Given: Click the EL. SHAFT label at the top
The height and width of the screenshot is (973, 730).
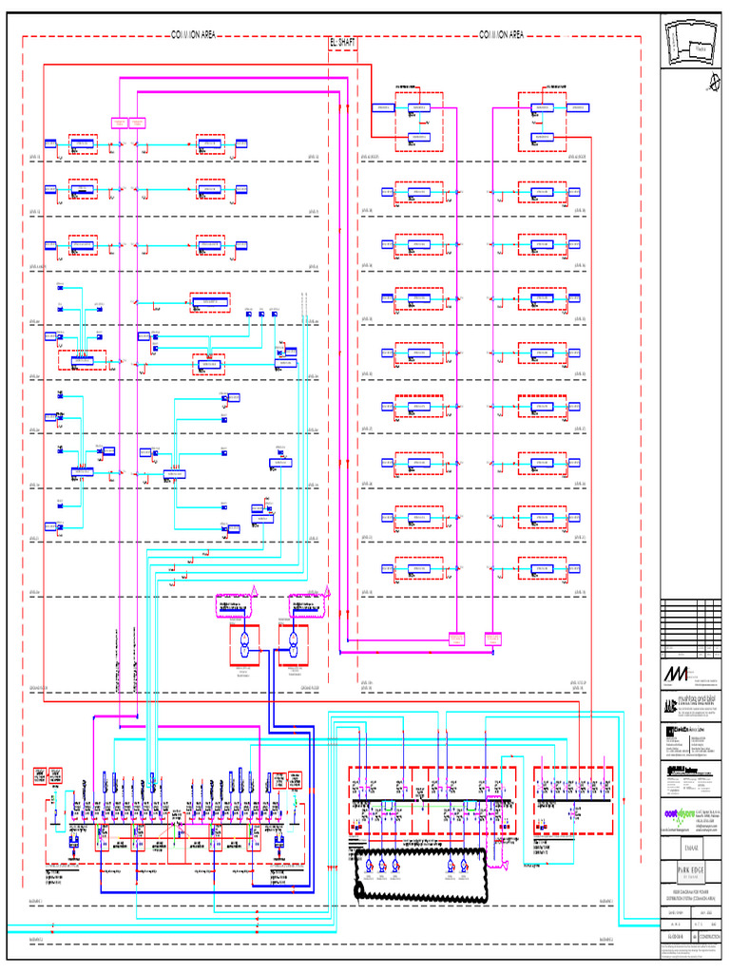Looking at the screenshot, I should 342,44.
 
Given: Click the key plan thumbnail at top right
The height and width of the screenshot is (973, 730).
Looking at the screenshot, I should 691,40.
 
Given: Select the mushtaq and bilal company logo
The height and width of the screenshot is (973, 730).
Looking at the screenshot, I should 691,705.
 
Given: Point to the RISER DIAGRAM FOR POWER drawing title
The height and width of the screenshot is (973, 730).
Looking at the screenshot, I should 691,897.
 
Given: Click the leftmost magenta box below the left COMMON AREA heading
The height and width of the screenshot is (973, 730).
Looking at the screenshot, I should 120,122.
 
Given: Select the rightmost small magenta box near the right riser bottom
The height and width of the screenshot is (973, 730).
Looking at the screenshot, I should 493,639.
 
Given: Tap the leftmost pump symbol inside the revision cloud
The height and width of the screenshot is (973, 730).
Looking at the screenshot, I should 368,866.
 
